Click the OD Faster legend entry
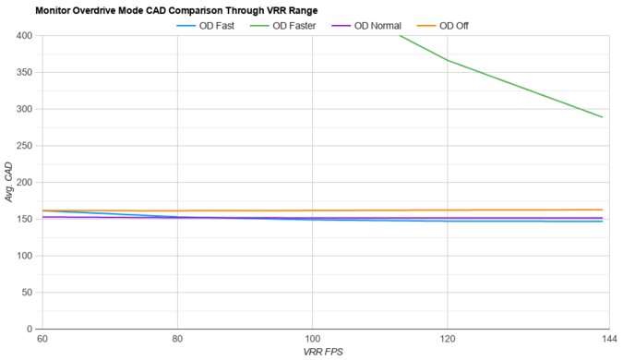coord(294,25)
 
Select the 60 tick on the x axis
coord(42,340)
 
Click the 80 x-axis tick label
coord(177,340)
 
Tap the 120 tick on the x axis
coord(448,340)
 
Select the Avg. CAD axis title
coord(8,182)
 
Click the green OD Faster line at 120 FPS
coord(448,60)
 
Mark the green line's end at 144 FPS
coord(602,117)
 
